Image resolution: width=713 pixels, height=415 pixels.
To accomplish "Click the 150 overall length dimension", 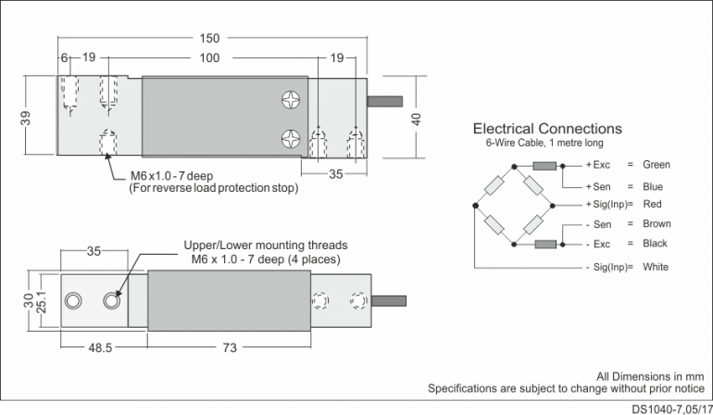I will (x=210, y=38).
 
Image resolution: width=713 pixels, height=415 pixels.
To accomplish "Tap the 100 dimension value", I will (x=209, y=58).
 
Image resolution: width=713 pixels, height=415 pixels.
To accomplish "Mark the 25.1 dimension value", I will (x=40, y=301).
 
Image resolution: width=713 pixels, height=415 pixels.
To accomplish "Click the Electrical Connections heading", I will (x=547, y=129).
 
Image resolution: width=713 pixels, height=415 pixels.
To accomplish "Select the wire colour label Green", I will (x=656, y=165).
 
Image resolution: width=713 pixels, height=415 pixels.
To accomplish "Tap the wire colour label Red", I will (x=651, y=204).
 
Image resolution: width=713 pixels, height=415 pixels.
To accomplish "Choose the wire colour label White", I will (x=654, y=268).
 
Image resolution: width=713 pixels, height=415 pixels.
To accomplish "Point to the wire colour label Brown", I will (x=656, y=224).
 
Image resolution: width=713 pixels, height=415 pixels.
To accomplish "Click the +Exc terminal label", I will (x=598, y=165).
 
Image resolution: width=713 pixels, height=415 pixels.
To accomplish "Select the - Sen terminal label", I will (x=600, y=224).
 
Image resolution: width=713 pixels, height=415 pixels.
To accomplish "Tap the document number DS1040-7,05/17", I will (x=672, y=408).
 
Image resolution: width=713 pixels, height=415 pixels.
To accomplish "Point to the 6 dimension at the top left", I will (x=64, y=58).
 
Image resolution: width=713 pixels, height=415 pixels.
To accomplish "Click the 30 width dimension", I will (x=28, y=301).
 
